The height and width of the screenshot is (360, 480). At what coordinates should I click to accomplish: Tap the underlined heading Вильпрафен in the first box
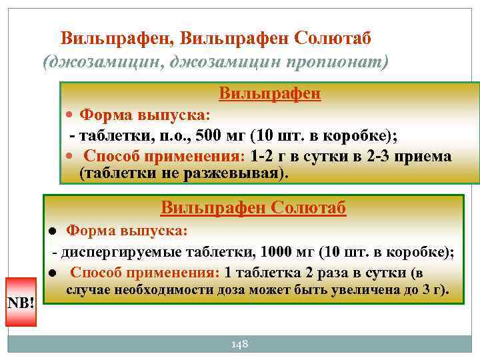(x=270, y=93)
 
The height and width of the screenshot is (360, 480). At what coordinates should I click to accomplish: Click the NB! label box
(x=21, y=303)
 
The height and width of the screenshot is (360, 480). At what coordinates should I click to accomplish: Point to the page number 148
(x=239, y=344)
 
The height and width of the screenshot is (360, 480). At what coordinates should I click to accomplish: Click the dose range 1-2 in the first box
(x=262, y=156)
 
